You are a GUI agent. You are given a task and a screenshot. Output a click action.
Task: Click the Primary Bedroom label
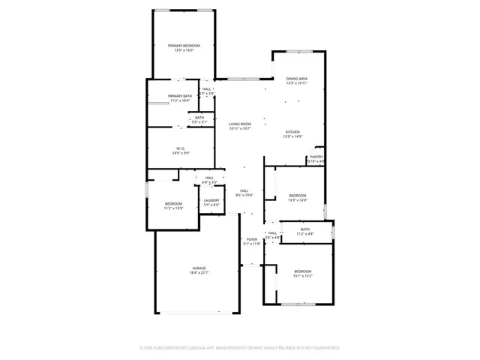coord(184,46)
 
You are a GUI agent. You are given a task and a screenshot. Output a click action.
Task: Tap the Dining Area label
coord(297,78)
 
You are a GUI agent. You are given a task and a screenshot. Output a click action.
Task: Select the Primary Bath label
coord(180,96)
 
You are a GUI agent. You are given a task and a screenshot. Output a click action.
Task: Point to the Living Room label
coord(240,124)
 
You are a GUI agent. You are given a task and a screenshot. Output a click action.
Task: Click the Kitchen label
coord(292,131)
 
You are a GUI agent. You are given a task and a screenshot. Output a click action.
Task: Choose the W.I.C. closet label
coord(181,148)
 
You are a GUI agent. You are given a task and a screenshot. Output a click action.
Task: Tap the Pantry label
coord(316,157)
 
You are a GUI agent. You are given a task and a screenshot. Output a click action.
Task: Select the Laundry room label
coord(211,200)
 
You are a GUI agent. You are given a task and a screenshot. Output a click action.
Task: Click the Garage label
coord(199,268)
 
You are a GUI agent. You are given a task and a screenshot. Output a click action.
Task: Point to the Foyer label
coord(252,239)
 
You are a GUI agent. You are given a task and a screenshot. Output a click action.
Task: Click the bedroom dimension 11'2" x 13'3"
coord(174,208)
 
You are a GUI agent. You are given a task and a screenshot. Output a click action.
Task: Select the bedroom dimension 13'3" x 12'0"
coord(298,200)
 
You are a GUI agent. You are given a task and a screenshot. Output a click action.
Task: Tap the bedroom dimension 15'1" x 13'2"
coord(302,276)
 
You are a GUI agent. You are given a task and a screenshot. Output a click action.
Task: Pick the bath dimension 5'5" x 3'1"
coord(200,122)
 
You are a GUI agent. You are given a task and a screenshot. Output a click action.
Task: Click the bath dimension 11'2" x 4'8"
coord(305,234)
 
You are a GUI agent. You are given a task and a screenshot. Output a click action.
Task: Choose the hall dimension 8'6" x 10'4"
coord(244,196)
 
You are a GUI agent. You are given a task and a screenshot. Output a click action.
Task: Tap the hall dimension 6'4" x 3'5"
coord(210,182)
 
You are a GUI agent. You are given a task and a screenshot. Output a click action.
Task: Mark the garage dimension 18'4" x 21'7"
coord(199,273)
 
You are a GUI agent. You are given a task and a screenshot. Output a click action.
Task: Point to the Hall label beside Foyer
coord(273,233)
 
